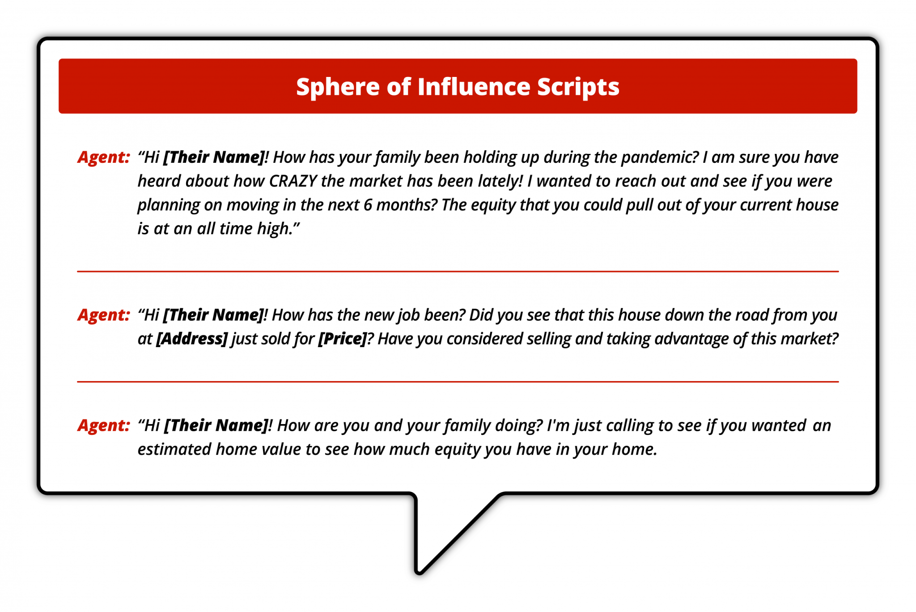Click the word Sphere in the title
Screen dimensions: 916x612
[x=337, y=87]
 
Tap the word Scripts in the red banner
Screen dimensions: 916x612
[x=578, y=87]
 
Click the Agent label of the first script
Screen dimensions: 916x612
[x=104, y=157]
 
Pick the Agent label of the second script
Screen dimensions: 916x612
[x=104, y=315]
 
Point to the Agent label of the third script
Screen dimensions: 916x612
[x=104, y=425]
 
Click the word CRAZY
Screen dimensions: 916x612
[x=293, y=181]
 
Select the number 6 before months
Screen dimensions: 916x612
[x=368, y=205]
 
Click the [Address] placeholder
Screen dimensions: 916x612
[x=192, y=339]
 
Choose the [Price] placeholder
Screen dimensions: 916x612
[x=342, y=339]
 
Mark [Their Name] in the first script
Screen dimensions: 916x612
[x=214, y=157]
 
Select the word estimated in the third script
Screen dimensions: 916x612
[x=174, y=449]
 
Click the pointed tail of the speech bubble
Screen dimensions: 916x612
[x=419, y=571]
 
